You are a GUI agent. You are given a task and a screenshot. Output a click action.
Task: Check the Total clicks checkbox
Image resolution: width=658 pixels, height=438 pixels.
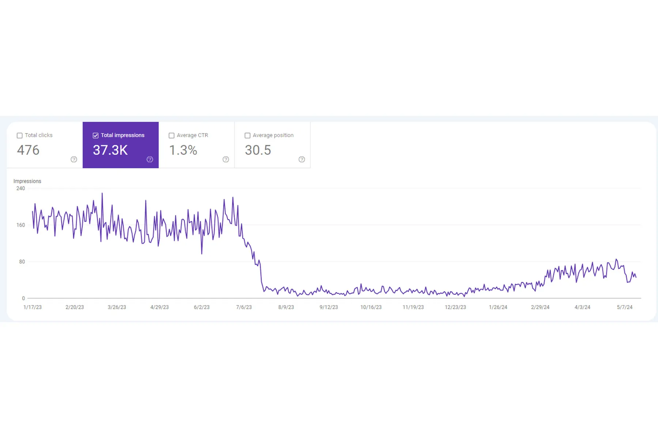click(20, 135)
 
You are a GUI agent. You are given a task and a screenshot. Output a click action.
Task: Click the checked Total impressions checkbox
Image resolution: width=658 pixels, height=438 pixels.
click(96, 135)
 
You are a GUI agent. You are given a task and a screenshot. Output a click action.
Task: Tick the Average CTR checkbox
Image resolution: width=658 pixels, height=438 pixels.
click(171, 135)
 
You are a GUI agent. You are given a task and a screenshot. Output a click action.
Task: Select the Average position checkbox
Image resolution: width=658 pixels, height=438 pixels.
click(247, 135)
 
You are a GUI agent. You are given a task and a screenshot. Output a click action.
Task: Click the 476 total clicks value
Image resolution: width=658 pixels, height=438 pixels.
click(28, 150)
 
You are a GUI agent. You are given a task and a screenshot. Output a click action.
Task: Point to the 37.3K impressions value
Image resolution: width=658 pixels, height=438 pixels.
click(110, 150)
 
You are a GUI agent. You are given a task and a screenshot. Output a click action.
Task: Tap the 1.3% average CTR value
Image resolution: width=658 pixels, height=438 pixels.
click(183, 150)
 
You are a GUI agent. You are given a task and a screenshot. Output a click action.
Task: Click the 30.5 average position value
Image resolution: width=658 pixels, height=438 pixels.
click(258, 150)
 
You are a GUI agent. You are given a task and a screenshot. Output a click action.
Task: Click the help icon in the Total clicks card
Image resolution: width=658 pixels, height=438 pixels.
click(74, 160)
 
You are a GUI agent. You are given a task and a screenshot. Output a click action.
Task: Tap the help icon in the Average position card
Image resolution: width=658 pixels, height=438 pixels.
click(302, 160)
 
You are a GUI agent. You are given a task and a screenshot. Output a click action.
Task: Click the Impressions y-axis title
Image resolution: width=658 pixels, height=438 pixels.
click(27, 181)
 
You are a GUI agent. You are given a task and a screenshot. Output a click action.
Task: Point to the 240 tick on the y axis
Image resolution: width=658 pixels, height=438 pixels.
click(20, 188)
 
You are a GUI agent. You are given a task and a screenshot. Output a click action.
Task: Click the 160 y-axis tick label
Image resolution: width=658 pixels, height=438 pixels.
click(20, 225)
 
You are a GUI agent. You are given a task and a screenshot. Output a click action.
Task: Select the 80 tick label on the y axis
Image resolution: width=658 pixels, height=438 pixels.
click(22, 262)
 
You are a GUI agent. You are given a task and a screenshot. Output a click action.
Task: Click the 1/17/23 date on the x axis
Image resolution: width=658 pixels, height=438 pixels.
click(33, 307)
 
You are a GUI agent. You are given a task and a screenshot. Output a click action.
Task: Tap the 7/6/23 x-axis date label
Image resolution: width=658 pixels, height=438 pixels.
click(244, 307)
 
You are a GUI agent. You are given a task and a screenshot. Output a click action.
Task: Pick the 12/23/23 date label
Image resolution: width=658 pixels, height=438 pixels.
click(455, 307)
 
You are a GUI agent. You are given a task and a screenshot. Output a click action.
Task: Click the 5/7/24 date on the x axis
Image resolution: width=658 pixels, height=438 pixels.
click(624, 307)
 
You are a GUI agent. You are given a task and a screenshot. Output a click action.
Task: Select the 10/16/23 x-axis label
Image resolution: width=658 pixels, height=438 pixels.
click(371, 307)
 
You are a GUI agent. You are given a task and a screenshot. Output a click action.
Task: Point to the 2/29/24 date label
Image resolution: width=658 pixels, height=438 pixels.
click(540, 307)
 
